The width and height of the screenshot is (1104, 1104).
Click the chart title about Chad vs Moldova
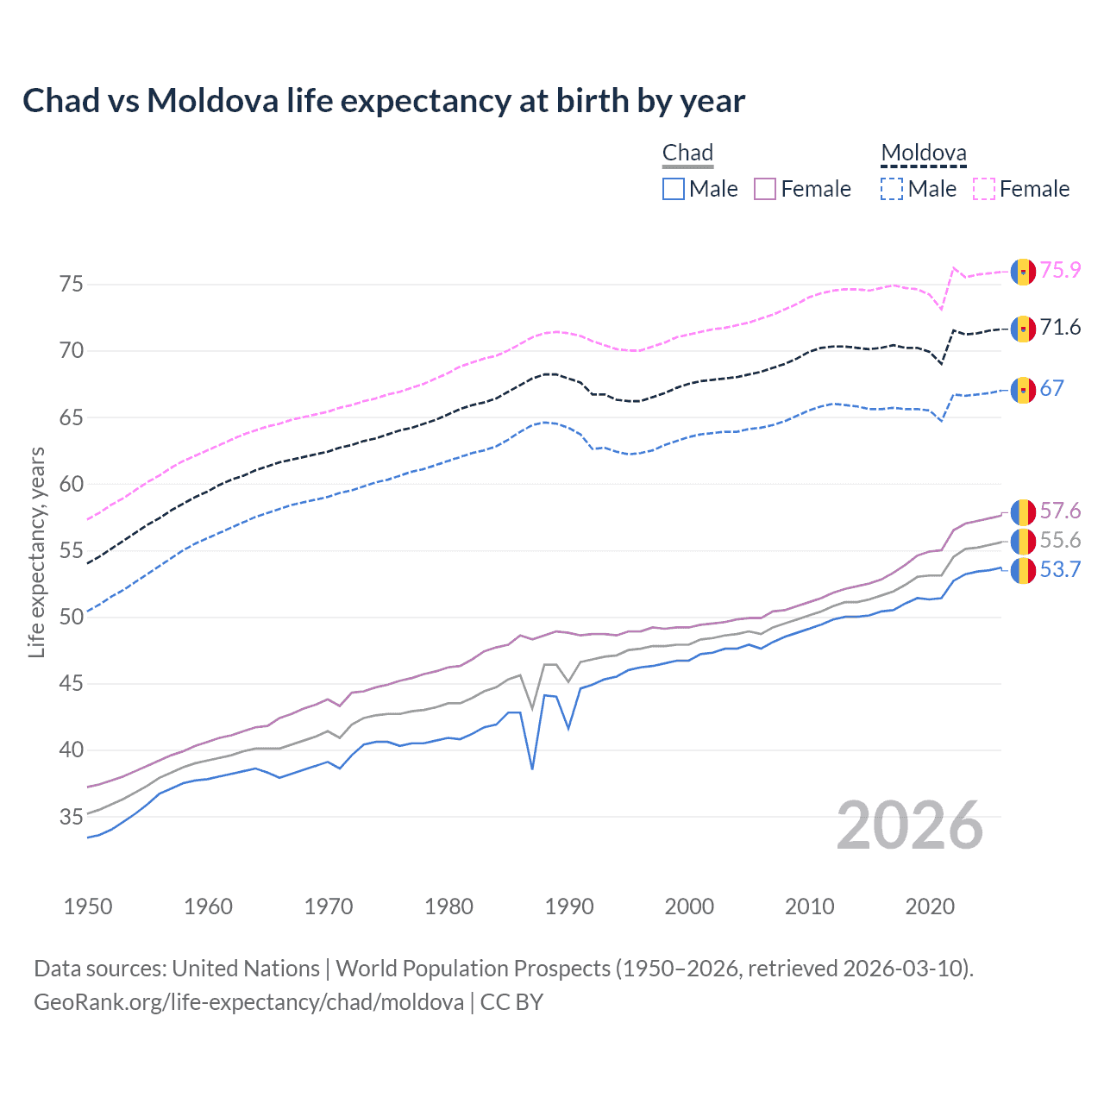point(384,101)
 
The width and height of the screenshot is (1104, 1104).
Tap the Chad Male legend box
point(674,189)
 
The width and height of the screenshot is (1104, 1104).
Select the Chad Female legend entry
point(802,189)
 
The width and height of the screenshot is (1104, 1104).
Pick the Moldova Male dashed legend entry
point(919,189)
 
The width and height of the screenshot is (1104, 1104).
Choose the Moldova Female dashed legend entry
point(1021,189)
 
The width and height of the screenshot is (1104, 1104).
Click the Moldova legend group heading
point(924,154)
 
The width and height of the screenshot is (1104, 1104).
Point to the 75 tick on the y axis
point(72,284)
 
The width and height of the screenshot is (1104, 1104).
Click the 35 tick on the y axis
point(72,817)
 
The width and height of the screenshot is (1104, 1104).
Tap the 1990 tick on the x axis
point(569,906)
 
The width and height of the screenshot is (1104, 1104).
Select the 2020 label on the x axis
point(930,906)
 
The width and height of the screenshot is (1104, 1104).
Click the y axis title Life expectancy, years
point(36,552)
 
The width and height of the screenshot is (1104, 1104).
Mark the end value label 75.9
point(1060,270)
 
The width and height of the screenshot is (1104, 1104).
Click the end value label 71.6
point(1060,327)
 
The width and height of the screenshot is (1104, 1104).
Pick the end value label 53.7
point(1060,569)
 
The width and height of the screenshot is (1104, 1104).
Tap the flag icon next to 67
point(1023,389)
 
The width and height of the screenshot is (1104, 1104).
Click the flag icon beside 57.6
point(1023,511)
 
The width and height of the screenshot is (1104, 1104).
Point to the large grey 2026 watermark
point(910,825)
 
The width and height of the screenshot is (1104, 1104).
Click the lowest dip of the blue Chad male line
point(532,768)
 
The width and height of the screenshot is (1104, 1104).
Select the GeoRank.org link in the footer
point(248,1002)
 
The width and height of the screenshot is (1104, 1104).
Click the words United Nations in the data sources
point(246,969)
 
